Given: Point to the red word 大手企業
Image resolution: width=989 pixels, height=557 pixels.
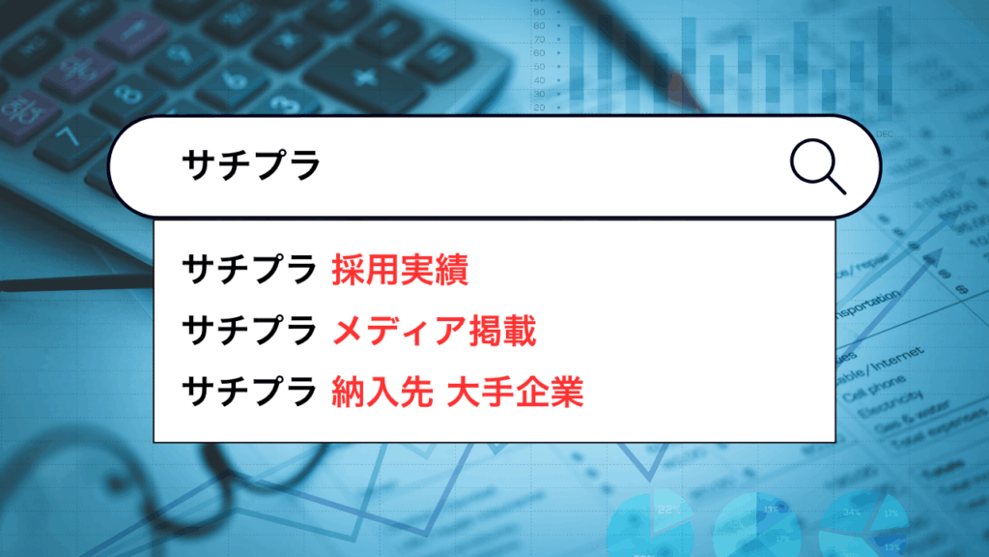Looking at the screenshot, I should click(516, 393).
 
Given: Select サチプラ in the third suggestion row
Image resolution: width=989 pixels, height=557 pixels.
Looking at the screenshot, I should click(250, 393).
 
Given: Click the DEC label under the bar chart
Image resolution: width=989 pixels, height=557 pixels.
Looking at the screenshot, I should click(884, 132).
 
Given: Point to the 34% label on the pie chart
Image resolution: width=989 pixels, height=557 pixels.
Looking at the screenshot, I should click(853, 511).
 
